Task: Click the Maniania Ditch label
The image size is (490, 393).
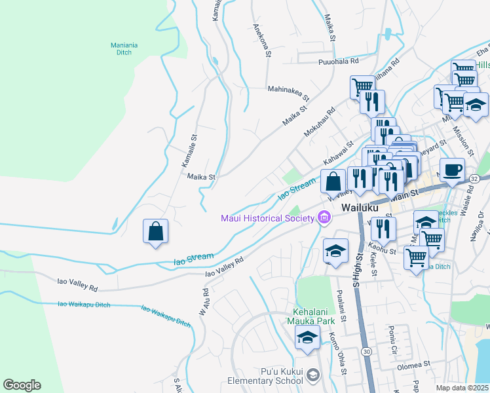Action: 124,49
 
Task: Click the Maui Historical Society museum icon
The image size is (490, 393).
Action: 324,217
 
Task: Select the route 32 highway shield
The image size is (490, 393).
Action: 474,178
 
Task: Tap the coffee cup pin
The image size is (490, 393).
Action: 452,170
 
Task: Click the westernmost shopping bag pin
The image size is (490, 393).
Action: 156,231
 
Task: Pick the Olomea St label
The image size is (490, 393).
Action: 412,363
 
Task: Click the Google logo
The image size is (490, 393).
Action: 22,385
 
